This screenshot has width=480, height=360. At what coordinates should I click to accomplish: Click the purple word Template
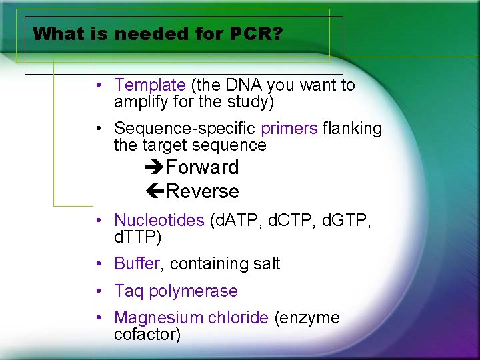tap(149, 85)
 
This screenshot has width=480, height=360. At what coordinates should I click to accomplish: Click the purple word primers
tap(289, 128)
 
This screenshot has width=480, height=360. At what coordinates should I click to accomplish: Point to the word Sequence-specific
tap(185, 128)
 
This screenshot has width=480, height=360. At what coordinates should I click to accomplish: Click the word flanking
tap(352, 128)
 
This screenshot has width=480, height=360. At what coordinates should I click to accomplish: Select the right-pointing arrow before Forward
tap(154, 167)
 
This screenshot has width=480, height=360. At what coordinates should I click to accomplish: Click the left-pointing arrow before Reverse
tap(154, 192)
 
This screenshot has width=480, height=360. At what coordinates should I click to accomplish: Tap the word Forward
tap(202, 167)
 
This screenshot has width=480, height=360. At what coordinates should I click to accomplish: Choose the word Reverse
tap(202, 192)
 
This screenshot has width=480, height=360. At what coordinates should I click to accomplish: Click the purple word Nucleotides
tap(159, 220)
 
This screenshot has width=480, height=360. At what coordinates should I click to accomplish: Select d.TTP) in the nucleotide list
tap(138, 237)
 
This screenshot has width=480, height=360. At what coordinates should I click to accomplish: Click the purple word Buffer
tap(137, 264)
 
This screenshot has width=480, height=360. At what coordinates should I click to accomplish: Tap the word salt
tap(266, 264)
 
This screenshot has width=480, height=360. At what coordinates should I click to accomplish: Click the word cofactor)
tap(147, 335)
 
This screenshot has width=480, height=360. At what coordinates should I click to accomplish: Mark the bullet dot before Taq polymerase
tap(98, 291)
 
